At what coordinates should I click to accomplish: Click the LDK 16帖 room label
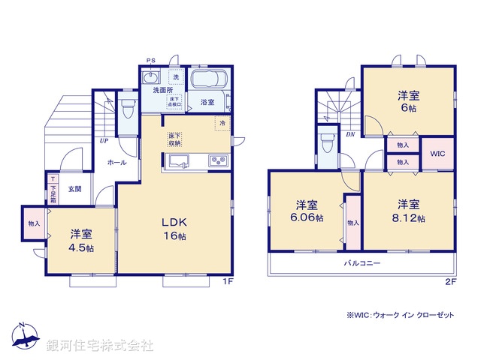tap(175, 229)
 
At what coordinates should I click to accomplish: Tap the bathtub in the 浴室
tap(204, 80)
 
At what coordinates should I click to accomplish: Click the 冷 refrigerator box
tap(222, 123)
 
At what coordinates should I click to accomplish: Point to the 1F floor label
tap(228, 282)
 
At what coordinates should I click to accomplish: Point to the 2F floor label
tap(450, 282)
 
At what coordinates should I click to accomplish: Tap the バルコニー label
tap(362, 264)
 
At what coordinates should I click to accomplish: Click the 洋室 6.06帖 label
tap(307, 211)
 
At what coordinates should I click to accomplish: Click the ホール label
tap(116, 163)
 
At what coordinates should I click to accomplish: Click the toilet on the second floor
tap(327, 142)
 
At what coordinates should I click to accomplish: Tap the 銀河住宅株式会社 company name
tap(100, 346)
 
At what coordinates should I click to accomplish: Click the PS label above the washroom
tap(150, 61)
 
